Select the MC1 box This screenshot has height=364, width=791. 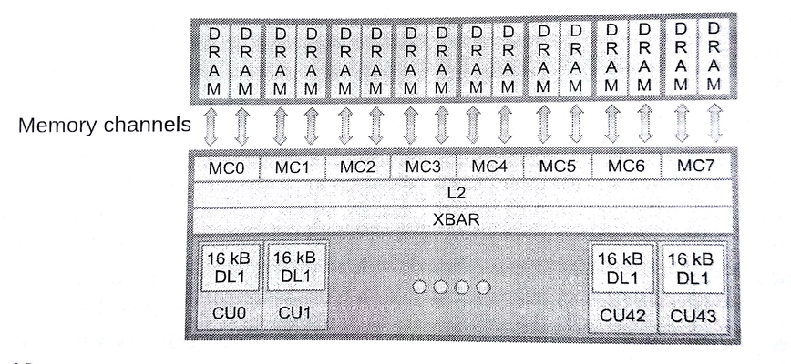tap(293, 168)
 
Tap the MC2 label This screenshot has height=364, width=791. tap(358, 168)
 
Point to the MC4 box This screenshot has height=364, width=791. tap(490, 167)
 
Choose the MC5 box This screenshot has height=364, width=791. tap(558, 167)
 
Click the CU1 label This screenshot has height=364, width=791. tap(295, 312)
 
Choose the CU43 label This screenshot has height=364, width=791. tap(692, 316)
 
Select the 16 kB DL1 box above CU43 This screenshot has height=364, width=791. tap(692, 266)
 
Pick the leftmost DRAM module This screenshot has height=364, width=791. tap(216, 59)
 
